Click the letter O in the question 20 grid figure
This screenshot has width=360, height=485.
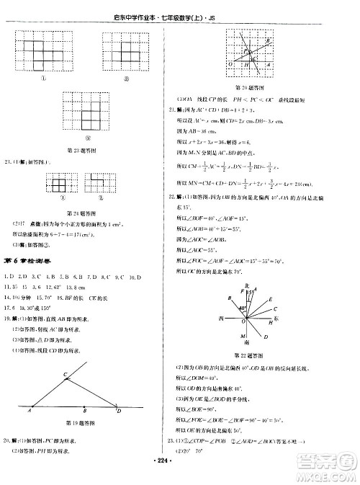(230, 63)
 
